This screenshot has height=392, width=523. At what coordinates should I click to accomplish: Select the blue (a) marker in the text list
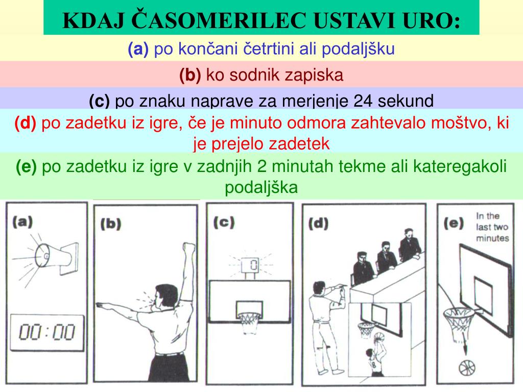tap(138, 49)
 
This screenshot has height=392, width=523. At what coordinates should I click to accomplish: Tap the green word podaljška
tap(261, 187)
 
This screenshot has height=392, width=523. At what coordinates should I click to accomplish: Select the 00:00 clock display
tap(46, 332)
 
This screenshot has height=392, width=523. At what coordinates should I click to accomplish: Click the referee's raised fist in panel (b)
tap(189, 249)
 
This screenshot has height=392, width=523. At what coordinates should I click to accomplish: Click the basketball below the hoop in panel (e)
tap(467, 367)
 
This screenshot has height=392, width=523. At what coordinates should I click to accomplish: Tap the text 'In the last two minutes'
tap(492, 227)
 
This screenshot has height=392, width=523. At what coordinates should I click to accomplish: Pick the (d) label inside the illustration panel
tap(318, 223)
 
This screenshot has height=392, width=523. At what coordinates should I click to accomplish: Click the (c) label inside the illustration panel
tap(224, 223)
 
